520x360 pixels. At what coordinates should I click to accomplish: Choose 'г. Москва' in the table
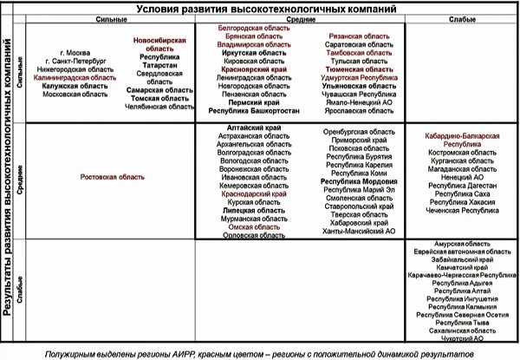(x=68, y=53)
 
